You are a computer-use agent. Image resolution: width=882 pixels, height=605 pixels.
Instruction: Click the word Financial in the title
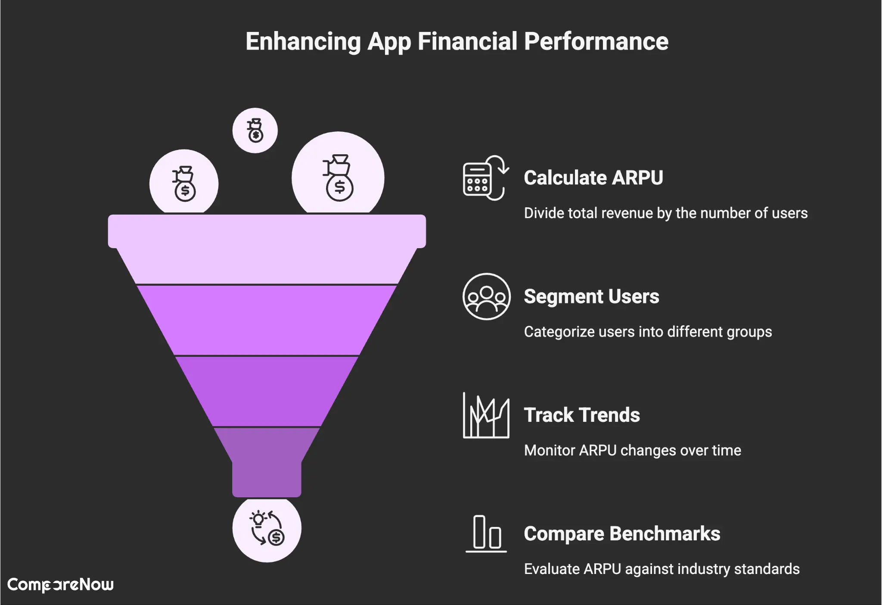click(x=467, y=42)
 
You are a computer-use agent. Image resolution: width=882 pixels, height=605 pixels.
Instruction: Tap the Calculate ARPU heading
click(x=593, y=178)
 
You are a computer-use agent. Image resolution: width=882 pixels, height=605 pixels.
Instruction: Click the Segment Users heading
click(x=591, y=296)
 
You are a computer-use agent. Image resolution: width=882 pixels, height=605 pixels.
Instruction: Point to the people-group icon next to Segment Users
click(x=486, y=296)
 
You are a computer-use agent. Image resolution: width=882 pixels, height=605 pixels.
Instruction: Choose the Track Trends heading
click(x=581, y=415)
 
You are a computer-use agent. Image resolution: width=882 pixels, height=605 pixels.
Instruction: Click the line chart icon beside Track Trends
click(x=486, y=415)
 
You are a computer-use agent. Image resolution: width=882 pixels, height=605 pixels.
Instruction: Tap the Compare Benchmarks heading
click(x=621, y=533)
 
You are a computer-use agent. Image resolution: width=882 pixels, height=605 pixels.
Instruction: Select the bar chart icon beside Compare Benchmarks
click(x=486, y=533)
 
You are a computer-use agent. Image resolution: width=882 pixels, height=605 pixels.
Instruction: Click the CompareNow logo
click(x=60, y=585)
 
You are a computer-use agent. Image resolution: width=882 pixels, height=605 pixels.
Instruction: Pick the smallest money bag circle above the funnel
click(x=255, y=131)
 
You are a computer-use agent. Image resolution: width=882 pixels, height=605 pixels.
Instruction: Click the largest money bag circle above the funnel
click(x=338, y=177)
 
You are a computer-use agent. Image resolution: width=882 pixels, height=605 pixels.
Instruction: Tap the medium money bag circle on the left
click(x=184, y=183)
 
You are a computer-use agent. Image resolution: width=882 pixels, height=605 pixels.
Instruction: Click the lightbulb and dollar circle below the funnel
click(x=267, y=529)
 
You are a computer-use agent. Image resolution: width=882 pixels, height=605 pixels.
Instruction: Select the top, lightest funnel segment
click(x=267, y=250)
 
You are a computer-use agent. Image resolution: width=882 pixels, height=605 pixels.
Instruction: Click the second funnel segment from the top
click(x=267, y=320)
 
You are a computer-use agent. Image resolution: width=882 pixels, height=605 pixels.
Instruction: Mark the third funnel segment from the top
click(x=267, y=390)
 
